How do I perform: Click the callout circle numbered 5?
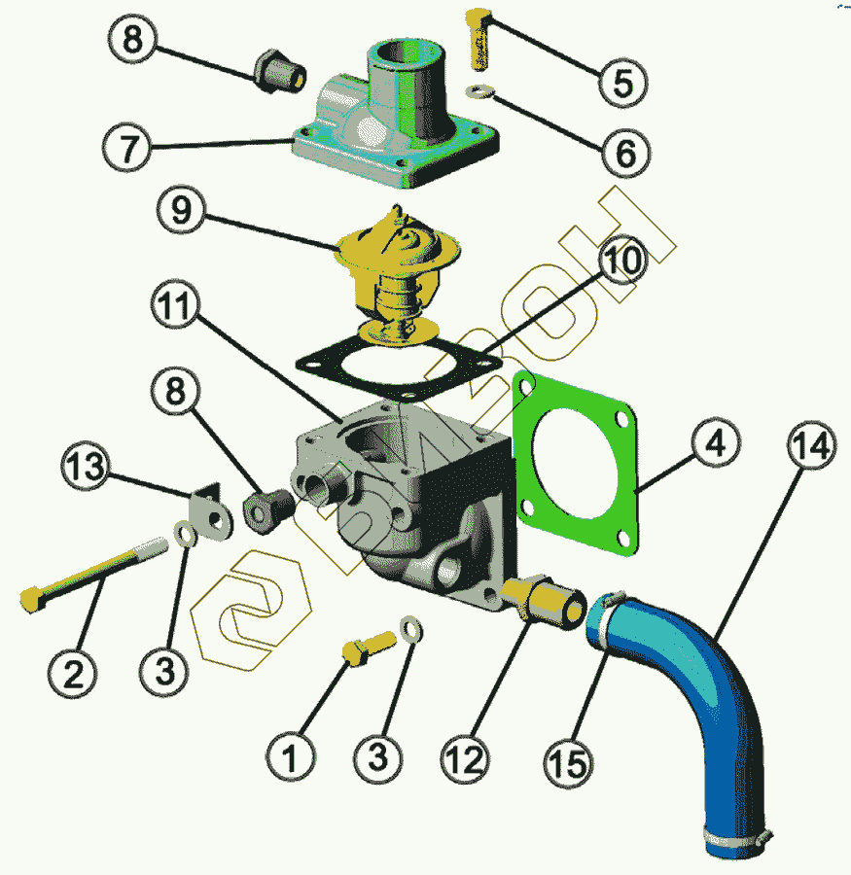coord(616,82)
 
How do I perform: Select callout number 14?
coord(811,446)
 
